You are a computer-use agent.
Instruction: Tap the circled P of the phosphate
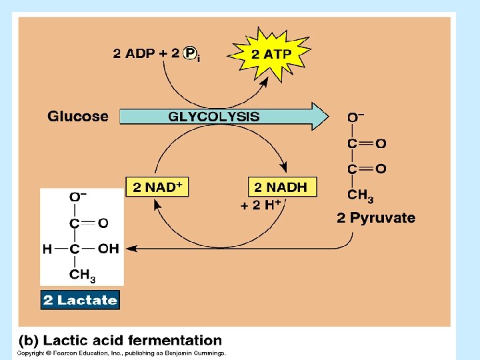point(191,53)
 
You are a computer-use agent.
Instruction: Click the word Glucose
point(77,117)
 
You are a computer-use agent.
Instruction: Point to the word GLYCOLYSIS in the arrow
point(214,117)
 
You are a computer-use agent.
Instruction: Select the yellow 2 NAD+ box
point(157,187)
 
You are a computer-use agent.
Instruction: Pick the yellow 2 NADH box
point(281,187)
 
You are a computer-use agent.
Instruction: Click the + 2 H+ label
point(261,205)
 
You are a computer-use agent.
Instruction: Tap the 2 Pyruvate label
point(376,218)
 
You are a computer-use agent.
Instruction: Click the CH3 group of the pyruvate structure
point(360,196)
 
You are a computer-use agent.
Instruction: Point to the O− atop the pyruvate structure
point(355,117)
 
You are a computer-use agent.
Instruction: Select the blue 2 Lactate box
point(80,300)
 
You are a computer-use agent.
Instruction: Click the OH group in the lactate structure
point(108,249)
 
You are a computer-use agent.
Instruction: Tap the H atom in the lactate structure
point(47,249)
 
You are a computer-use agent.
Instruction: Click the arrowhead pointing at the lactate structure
point(131,249)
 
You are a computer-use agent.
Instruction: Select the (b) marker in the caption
point(29,341)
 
